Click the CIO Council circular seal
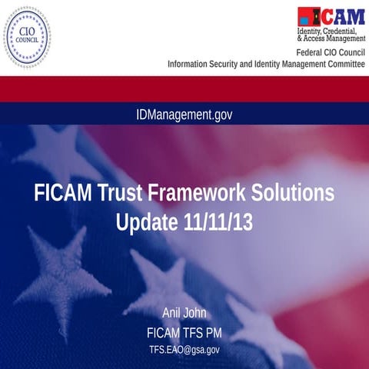coord(27,37)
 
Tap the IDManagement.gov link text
coord(184,115)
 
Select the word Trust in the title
coord(121,193)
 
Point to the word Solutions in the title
coord(295,193)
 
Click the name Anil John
coord(184,313)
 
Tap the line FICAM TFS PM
coord(184,333)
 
